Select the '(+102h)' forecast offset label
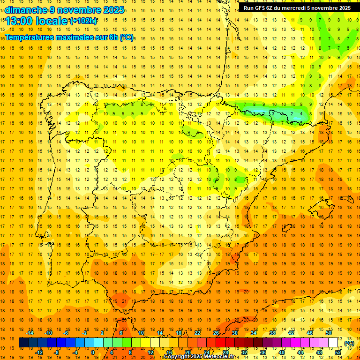coord(83,21)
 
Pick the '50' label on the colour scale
coord(329,332)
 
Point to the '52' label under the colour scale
coord(338,352)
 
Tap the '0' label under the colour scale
coord(93,352)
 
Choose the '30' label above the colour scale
coord(235,332)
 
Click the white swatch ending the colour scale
coord(333,343)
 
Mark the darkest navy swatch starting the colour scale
coord(23,343)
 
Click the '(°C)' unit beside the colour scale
coord(349,343)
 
